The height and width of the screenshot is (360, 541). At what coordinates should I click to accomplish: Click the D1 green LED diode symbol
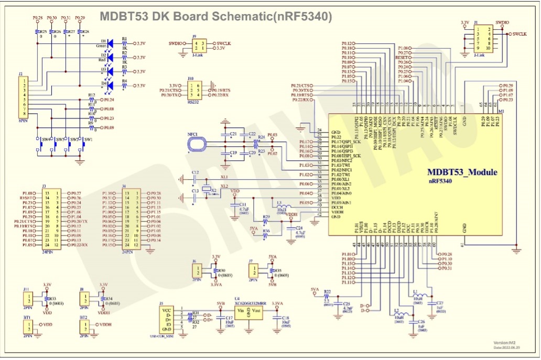[x=111, y=43]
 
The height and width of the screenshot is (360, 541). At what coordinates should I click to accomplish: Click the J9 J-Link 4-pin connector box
[x=198, y=46]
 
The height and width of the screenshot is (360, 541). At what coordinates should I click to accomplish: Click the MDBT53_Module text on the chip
[x=462, y=172]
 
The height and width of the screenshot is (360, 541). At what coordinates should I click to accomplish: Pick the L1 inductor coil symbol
[x=418, y=295]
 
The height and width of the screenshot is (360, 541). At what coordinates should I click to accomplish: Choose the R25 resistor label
[x=44, y=32]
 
